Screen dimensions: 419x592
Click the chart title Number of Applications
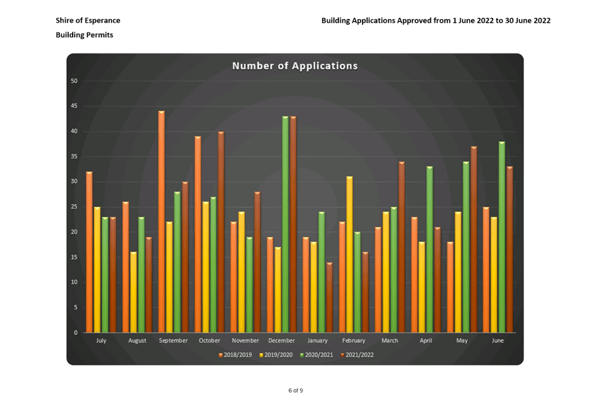coord(294,66)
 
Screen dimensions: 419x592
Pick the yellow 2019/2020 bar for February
coord(349,254)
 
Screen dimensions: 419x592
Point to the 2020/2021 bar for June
coord(502,237)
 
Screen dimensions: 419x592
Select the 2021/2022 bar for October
coord(220,232)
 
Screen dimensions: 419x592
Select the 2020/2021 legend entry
coord(317,355)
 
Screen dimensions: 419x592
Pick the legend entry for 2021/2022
coord(358,355)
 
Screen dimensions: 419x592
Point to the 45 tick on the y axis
coord(74,107)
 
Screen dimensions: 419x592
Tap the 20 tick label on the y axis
coord(74,232)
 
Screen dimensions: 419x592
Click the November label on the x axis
coord(245,341)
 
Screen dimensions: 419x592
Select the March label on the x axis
coord(389,341)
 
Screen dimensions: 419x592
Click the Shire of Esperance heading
coord(88,21)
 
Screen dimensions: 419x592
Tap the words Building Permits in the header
coord(85,35)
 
